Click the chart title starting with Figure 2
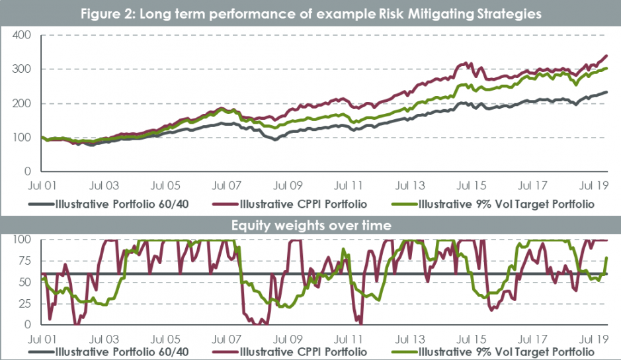310,13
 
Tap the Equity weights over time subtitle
310,226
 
